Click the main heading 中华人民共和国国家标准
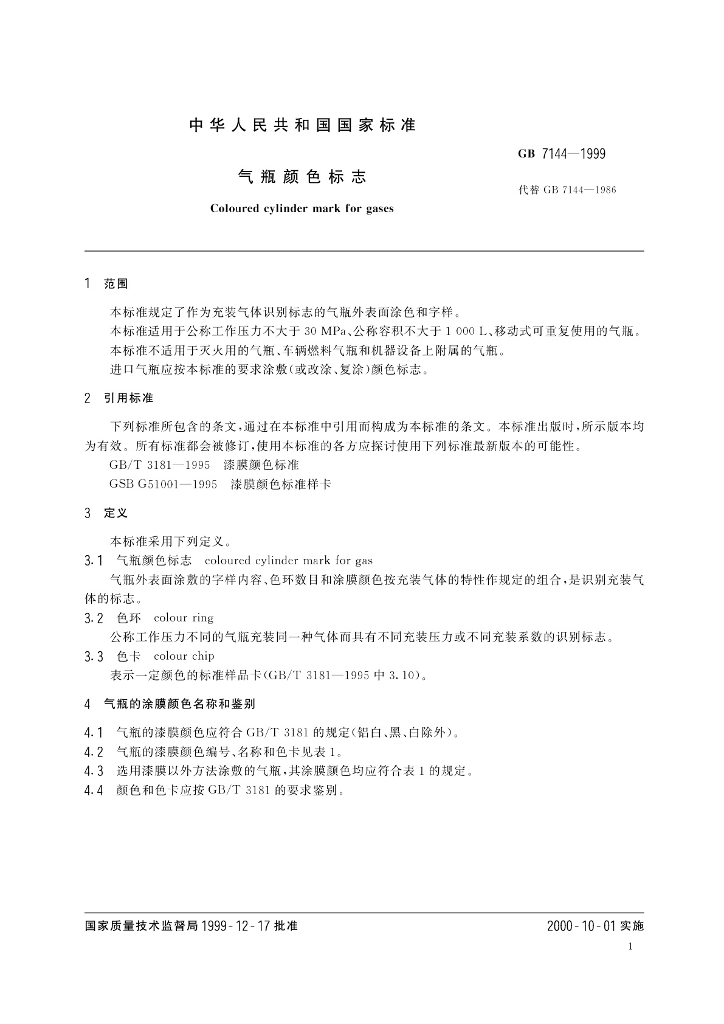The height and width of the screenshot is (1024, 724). pyautogui.click(x=302, y=125)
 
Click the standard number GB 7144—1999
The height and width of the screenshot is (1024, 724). pyautogui.click(x=562, y=154)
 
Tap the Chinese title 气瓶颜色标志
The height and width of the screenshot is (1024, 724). pyautogui.click(x=302, y=177)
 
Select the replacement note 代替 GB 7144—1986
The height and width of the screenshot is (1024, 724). pyautogui.click(x=567, y=190)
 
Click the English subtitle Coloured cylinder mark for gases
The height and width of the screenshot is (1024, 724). pyautogui.click(x=302, y=209)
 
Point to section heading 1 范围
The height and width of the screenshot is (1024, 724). pyautogui.click(x=107, y=284)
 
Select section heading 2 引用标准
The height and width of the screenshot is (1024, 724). pyautogui.click(x=119, y=398)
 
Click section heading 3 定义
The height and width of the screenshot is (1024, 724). pyautogui.click(x=107, y=513)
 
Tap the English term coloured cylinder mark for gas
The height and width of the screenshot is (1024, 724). pyautogui.click(x=289, y=561)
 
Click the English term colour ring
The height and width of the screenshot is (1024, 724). pyautogui.click(x=184, y=618)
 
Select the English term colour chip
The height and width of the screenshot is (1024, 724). pyautogui.click(x=184, y=656)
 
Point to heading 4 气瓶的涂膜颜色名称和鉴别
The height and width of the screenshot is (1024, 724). pyautogui.click(x=170, y=704)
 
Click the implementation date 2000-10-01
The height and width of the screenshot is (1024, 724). pyautogui.click(x=582, y=926)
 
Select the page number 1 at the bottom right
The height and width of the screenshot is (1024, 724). pyautogui.click(x=630, y=947)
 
